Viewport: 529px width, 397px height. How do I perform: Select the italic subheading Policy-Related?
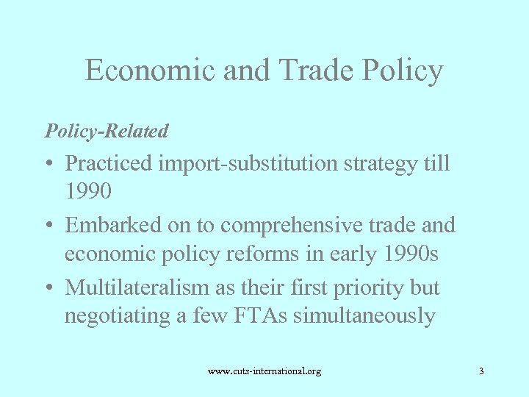107,131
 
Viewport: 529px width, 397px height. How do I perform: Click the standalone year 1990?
88,192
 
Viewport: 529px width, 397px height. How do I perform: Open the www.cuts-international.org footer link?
264,371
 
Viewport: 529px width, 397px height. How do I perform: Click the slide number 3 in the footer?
481,371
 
